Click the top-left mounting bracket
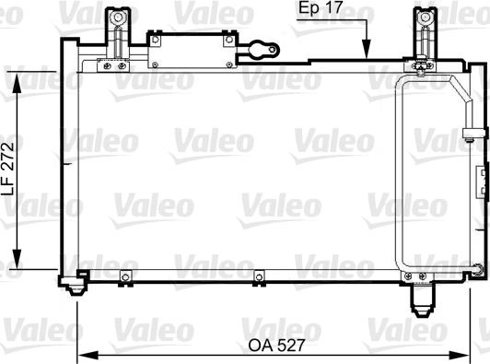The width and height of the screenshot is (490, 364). pyautogui.click(x=117, y=33)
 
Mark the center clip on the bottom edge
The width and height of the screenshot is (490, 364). pyautogui.click(x=258, y=275)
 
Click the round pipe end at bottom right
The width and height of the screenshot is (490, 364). pyautogui.click(x=476, y=268)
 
